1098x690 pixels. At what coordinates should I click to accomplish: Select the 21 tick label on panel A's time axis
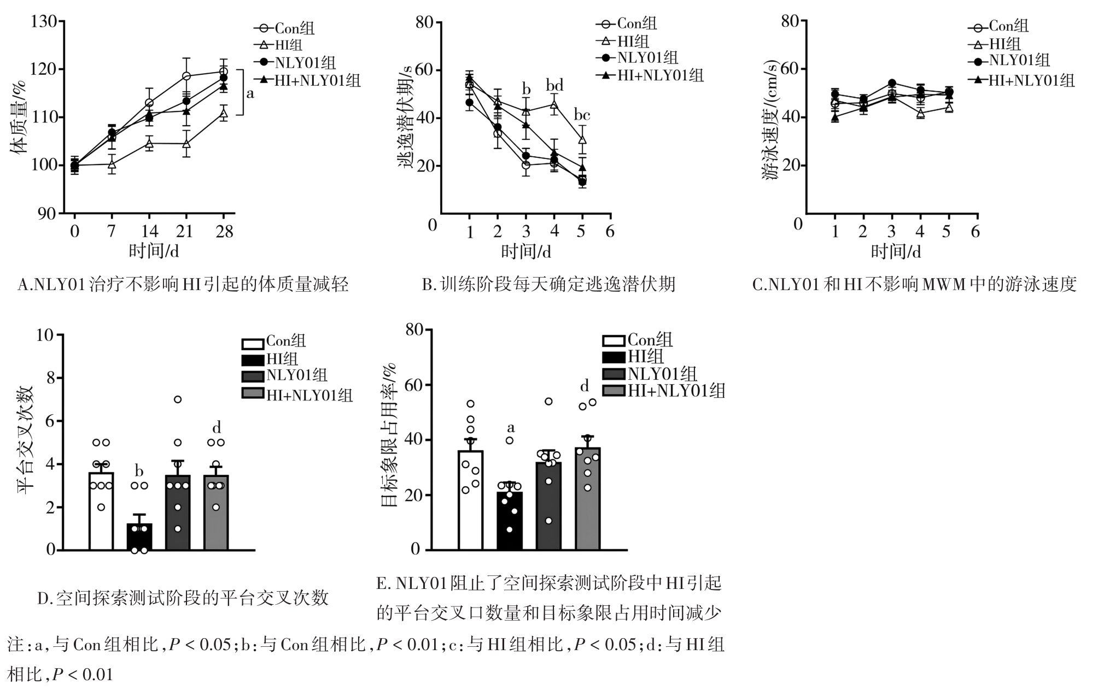point(185,232)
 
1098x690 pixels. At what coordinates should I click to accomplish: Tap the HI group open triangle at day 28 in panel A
point(223,113)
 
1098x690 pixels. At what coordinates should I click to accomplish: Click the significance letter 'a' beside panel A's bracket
point(250,93)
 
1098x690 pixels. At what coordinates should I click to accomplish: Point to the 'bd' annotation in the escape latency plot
point(554,86)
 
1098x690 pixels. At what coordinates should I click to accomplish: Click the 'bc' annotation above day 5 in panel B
point(581,115)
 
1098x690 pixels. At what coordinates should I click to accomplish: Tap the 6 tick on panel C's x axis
point(975,232)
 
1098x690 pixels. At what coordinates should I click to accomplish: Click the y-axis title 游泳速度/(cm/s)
point(771,120)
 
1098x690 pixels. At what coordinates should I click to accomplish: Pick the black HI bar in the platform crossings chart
point(139,536)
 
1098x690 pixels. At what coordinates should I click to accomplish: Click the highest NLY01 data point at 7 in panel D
point(178,399)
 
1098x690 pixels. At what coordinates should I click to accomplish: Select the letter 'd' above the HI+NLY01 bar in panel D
point(217,427)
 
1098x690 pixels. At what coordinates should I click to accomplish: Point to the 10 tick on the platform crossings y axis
point(46,334)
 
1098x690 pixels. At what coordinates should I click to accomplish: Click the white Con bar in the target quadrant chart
point(470,500)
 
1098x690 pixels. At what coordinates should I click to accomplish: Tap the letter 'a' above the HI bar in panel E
point(511,427)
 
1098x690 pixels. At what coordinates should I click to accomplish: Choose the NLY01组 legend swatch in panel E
point(614,374)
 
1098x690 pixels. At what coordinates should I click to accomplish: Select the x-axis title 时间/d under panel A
point(154,251)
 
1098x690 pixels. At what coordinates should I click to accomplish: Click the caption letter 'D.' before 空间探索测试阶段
point(44,599)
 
